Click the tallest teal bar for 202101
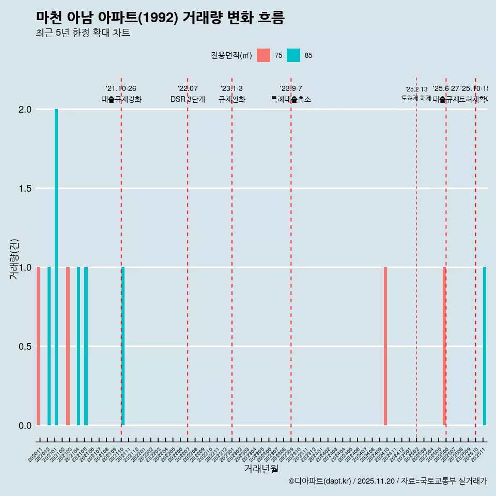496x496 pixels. [56, 267]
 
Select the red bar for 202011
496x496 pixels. [38, 346]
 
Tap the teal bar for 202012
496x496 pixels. [49, 346]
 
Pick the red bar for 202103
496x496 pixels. [68, 346]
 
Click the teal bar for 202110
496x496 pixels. [123, 346]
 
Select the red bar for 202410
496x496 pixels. [385, 346]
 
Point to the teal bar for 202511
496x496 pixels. [485, 346]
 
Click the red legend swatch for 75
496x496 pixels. [263, 55]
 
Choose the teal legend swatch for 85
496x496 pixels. [293, 55]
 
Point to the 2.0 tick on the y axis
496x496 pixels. [26, 110]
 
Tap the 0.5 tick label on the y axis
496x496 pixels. [26, 346]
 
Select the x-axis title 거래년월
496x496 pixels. [261, 469]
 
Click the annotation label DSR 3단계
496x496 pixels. [188, 99]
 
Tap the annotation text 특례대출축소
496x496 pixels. [291, 99]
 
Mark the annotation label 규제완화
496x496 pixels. [231, 99]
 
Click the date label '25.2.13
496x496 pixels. [416, 89]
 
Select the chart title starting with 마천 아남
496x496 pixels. [160, 18]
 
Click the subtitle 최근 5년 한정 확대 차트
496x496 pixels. [83, 33]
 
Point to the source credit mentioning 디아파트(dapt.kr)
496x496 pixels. [388, 481]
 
